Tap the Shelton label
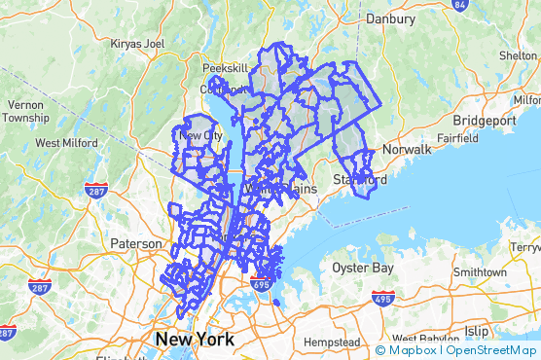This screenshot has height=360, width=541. point(519,55)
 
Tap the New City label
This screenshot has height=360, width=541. point(201,135)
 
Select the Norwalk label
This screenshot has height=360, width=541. point(407,150)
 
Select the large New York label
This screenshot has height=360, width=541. point(195,340)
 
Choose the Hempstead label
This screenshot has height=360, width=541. point(332,343)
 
